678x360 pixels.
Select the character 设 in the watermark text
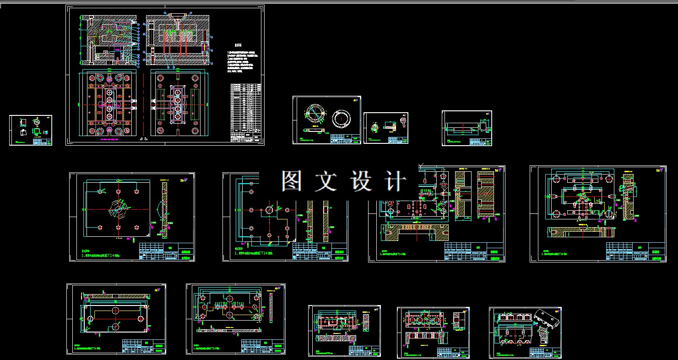tap(361, 181)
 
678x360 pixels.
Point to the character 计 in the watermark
tap(394, 181)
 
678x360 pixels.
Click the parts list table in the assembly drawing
tap(246, 113)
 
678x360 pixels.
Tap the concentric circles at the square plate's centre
tap(118, 210)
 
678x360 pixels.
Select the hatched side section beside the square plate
tap(164, 209)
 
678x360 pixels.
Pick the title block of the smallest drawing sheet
tap(43, 142)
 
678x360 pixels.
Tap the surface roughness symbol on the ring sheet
tap(355, 100)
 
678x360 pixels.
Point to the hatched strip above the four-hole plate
tap(116, 296)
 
